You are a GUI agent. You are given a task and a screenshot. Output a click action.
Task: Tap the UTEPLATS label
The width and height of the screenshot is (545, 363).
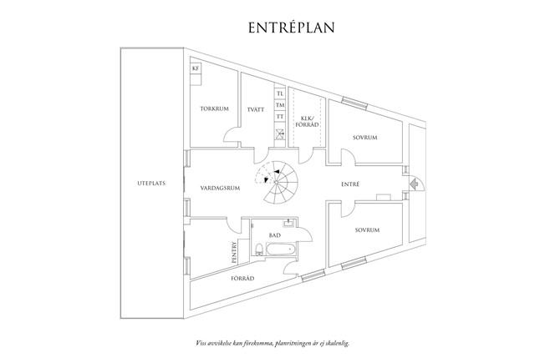coord(150,183)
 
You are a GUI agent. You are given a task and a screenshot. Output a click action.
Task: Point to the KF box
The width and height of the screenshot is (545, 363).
coord(196,68)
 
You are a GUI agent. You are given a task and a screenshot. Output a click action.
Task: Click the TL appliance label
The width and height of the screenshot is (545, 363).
coord(280,93)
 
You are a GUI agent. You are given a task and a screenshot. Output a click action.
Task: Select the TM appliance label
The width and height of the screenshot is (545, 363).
coord(280,105)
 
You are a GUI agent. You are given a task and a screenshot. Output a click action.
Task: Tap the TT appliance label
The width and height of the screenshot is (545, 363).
coord(280,117)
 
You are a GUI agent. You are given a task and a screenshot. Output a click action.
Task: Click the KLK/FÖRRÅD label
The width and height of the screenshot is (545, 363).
coord(307,121)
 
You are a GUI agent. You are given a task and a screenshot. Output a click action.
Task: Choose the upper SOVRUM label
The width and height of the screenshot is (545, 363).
coord(368,136)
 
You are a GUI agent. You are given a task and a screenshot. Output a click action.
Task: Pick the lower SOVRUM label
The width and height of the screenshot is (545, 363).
coord(368,229)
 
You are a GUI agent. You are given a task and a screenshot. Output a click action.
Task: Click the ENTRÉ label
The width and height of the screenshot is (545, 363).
coord(352,183)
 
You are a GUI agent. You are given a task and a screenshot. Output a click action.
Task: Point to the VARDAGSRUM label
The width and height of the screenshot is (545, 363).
coord(220,188)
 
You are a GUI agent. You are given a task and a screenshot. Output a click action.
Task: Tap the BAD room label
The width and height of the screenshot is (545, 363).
coord(274,236)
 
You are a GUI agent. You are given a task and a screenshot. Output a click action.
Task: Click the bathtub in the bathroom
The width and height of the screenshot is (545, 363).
coord(279,249)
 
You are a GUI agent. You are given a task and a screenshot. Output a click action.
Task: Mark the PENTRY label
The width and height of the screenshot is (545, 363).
coord(234,252)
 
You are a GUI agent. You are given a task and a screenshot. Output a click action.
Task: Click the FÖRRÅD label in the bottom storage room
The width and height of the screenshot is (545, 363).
coord(242,277)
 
